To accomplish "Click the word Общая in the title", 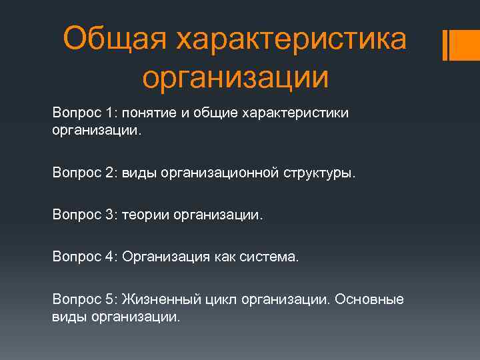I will [113, 39].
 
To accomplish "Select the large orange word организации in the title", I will [235, 77].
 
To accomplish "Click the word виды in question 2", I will [137, 173].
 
